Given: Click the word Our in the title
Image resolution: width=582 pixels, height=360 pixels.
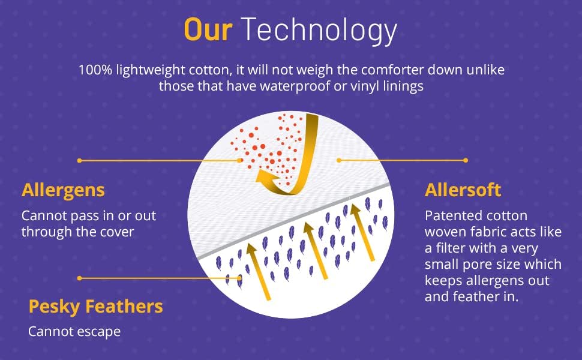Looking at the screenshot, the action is (x=208, y=29).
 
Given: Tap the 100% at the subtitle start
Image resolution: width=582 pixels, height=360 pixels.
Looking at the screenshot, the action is (x=95, y=70).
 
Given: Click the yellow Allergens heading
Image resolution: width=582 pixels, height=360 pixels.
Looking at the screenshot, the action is (x=63, y=190).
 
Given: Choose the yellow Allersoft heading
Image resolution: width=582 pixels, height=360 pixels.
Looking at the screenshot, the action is (x=463, y=190).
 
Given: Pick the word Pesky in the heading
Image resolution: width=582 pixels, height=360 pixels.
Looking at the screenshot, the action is (x=55, y=307).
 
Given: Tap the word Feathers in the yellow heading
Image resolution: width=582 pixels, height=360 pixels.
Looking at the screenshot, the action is (x=124, y=306).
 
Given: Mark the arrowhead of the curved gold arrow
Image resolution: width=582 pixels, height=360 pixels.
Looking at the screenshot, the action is (x=262, y=176).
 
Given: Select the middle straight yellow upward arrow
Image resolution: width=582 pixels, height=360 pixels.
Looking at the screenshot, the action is (x=316, y=250).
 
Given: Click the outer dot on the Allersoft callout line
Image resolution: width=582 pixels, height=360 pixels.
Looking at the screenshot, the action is (x=466, y=160).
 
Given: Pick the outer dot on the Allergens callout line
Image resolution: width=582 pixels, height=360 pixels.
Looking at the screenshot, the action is (x=79, y=161).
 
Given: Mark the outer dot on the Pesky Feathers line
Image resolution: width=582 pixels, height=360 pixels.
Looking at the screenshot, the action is (x=79, y=278).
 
